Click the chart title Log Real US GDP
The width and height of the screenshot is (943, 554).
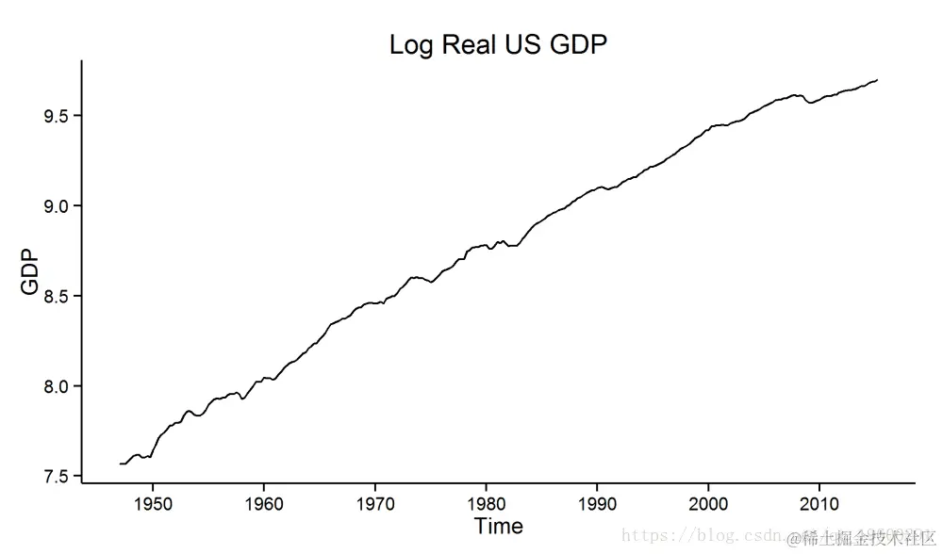(498, 45)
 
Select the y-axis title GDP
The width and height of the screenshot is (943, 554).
(31, 271)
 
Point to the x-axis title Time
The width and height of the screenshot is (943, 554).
(498, 526)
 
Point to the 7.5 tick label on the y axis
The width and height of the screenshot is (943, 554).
(57, 477)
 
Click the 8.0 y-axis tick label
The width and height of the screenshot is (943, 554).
(57, 386)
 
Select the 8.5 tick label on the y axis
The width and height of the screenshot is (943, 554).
(57, 296)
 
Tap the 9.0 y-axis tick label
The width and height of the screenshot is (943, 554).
(57, 206)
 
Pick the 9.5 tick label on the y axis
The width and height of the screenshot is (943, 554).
(57, 116)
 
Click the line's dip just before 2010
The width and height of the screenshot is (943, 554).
(810, 103)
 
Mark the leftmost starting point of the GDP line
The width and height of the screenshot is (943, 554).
(121, 464)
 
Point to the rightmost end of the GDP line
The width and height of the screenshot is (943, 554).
(878, 80)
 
